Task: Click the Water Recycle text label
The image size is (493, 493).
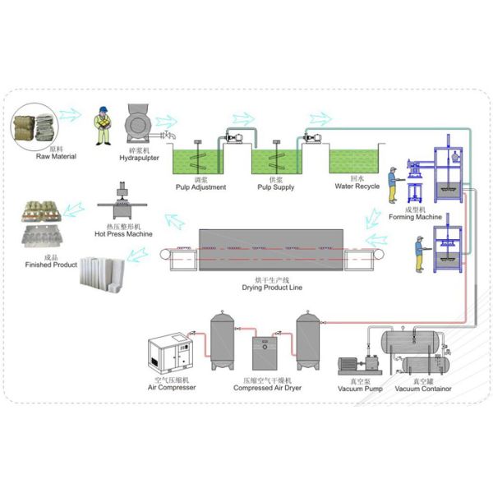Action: coord(357,186)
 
